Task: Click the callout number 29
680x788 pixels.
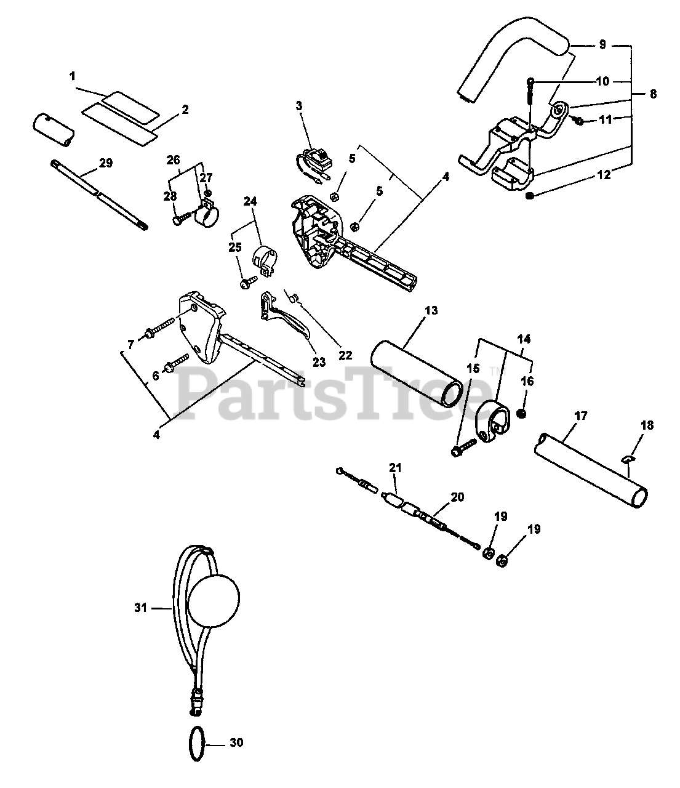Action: click(x=105, y=163)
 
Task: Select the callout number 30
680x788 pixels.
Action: click(x=236, y=742)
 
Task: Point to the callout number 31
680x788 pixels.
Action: click(x=142, y=608)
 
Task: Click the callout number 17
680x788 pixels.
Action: click(x=581, y=416)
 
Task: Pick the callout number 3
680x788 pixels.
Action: click(x=299, y=105)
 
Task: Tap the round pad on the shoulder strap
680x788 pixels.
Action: click(x=213, y=601)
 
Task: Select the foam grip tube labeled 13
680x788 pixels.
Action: click(x=417, y=374)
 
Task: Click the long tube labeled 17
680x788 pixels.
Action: click(x=591, y=470)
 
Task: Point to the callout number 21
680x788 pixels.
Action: click(x=394, y=468)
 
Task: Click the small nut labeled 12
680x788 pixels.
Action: click(x=531, y=196)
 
